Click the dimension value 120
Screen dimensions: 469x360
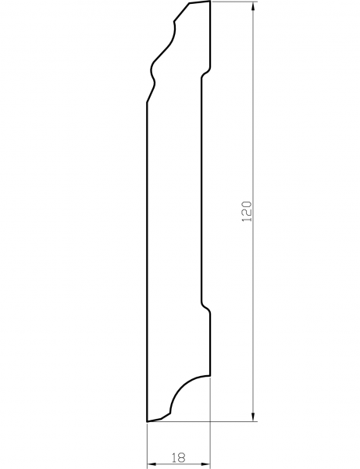tap(247, 211)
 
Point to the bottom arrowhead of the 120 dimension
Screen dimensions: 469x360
tap(254, 416)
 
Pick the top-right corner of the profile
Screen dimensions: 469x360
tap(210, 2)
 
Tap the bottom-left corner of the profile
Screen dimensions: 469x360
tap(147, 421)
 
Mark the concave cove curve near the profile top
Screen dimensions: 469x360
tap(173, 33)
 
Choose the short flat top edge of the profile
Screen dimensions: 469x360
tap(199, 3)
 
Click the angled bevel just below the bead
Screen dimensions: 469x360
tap(151, 94)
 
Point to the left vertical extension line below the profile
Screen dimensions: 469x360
tap(147, 446)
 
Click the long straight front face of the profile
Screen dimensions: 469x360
tap(147, 258)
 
